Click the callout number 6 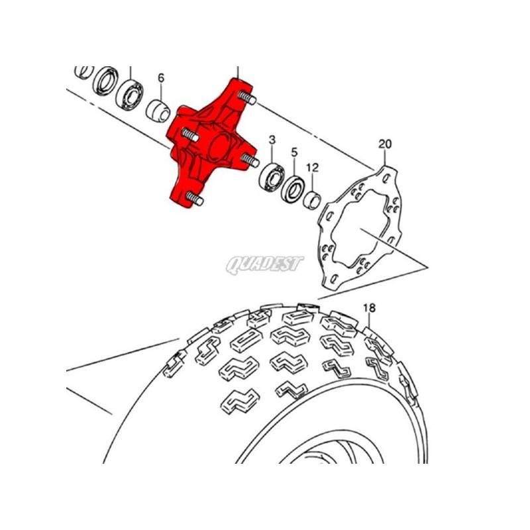click(161, 78)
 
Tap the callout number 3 click(272, 140)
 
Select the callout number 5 click(294, 152)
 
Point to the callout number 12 click(313, 168)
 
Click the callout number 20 click(385, 144)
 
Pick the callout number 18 click(370, 308)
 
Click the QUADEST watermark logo click(264, 264)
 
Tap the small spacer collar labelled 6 click(158, 111)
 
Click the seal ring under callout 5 click(293, 189)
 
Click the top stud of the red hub click(247, 97)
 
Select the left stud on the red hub click(190, 135)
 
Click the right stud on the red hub click(250, 160)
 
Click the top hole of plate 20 click(387, 178)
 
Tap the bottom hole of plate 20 click(334, 279)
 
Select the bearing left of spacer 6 click(129, 94)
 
